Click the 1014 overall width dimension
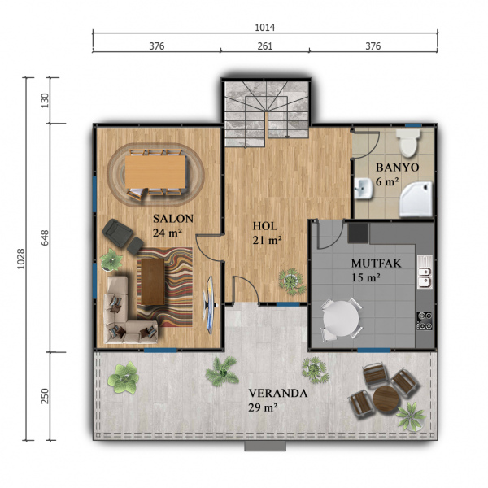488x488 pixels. pos(265,28)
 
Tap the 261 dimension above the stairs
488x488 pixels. pos(265,46)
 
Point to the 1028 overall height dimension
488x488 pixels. pos(21,259)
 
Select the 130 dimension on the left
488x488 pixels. pos(45,100)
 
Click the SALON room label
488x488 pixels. pos(173,219)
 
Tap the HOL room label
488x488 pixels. pos(265,226)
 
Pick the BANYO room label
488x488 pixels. pos(398,168)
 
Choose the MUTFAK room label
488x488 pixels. pos(377,264)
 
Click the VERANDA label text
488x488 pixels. pos(278,394)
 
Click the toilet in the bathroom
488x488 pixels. pos(408,143)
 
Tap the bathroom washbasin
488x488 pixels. pos(364,189)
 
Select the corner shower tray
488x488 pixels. pos(416,199)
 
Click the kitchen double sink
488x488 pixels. pos(425,272)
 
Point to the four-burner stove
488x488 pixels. pos(425,320)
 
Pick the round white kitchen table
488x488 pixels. pos(341,318)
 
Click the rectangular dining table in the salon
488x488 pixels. pos(155,172)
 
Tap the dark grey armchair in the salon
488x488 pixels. pos(118,232)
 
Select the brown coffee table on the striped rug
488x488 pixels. pos(153,281)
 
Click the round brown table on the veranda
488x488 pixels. pos(386,399)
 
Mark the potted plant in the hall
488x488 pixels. pos(292,281)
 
